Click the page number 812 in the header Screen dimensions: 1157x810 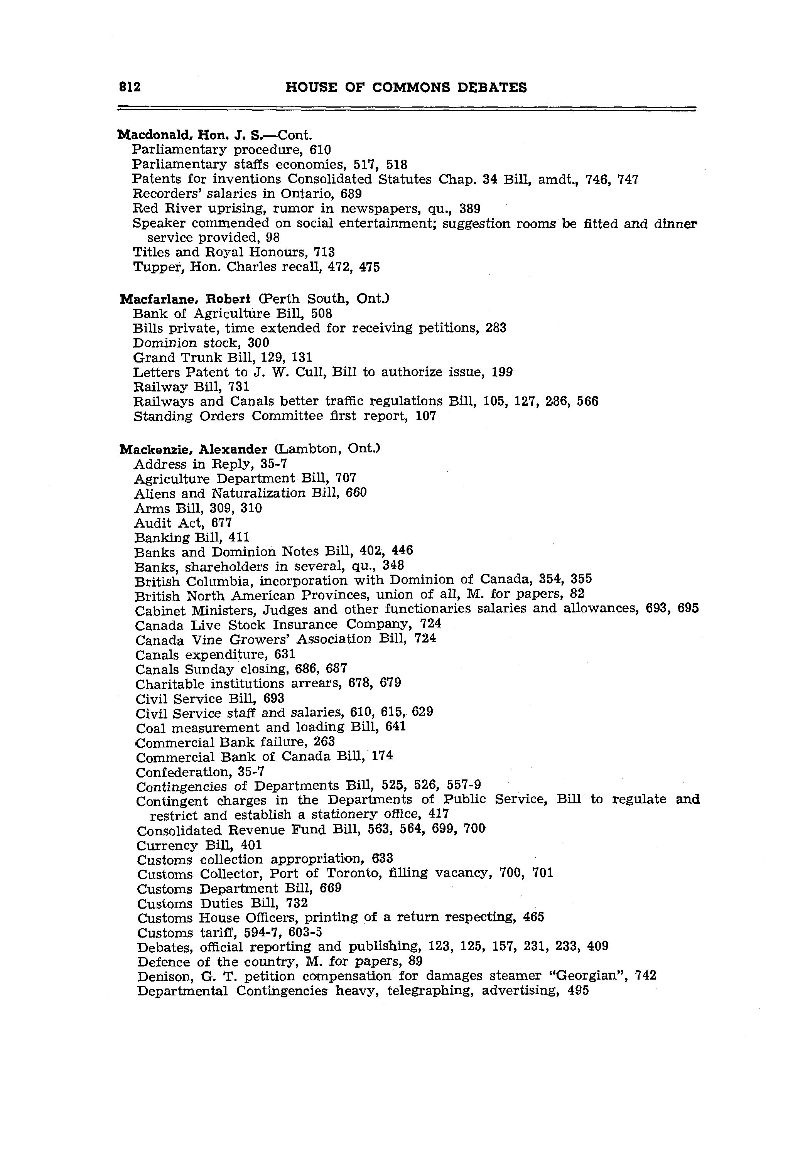click(x=130, y=87)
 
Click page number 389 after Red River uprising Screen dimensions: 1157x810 click(x=470, y=209)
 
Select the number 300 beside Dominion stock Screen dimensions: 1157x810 click(x=258, y=343)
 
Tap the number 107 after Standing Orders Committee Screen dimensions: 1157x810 click(x=425, y=416)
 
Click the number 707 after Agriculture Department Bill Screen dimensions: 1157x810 click(x=346, y=478)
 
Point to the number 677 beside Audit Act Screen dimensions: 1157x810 click(x=221, y=523)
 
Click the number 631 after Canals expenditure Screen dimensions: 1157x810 click(x=285, y=654)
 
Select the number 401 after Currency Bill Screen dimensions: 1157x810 click(x=251, y=845)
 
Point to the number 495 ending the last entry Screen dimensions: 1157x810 click(x=578, y=991)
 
